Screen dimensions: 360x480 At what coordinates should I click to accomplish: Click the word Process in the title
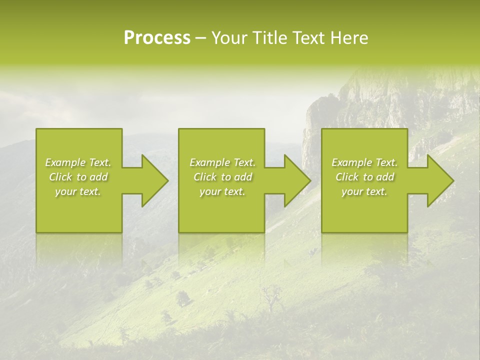click(157, 38)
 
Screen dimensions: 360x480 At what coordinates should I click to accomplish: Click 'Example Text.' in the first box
click(78, 162)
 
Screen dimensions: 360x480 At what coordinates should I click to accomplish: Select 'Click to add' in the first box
click(78, 177)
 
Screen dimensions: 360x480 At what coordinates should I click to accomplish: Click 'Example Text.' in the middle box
click(222, 162)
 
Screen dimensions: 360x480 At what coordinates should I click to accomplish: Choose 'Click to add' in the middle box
click(222, 177)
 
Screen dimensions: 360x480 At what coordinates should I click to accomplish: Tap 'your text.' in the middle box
click(222, 191)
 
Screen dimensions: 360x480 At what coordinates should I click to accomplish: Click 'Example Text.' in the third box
click(364, 162)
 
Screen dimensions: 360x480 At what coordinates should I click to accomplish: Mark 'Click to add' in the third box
click(364, 177)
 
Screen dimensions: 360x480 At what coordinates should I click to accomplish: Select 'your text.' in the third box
click(364, 191)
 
